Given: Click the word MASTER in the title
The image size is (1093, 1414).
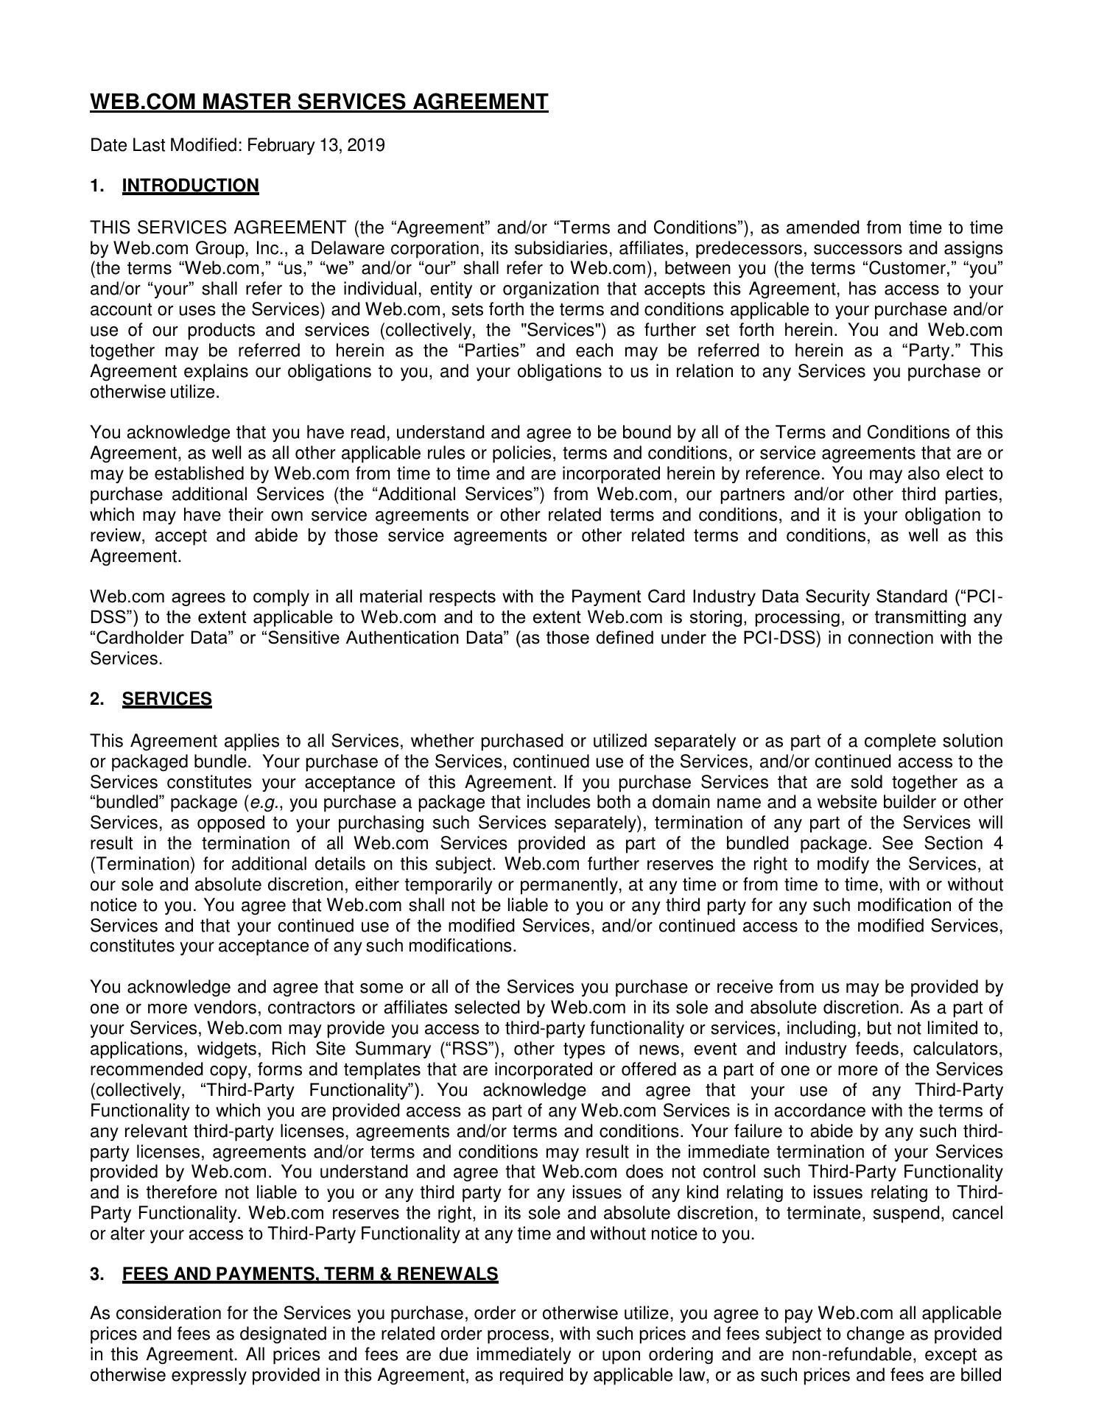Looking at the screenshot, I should pyautogui.click(x=247, y=102).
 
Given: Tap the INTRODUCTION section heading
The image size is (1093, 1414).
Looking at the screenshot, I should pyautogui.click(x=190, y=186).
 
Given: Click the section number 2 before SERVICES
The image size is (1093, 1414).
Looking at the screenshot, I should pyautogui.click(x=96, y=700).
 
